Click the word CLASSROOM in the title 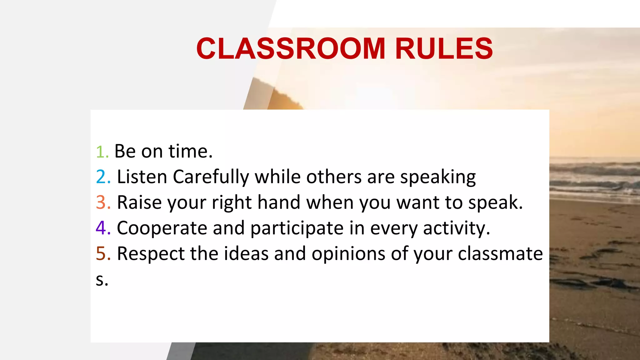tap(291, 48)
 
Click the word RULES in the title tap(444, 48)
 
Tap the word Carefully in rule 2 tap(211, 177)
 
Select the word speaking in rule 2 tap(438, 177)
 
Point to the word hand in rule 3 tap(279, 202)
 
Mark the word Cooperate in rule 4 tap(162, 228)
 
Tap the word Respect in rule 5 tap(151, 253)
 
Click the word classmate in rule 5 tap(500, 253)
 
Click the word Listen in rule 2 tap(142, 177)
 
